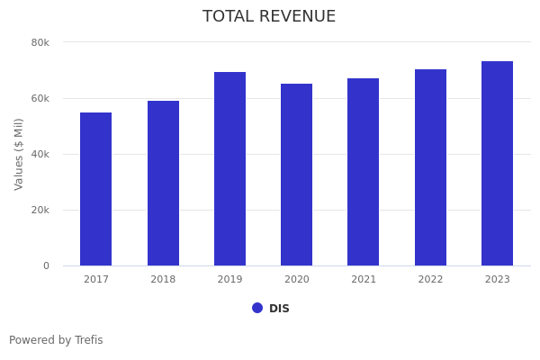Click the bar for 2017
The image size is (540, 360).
pyautogui.click(x=96, y=189)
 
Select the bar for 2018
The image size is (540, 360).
pyautogui.click(x=163, y=184)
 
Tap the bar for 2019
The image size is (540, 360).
pyautogui.click(x=229, y=169)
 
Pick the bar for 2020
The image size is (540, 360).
pyautogui.click(x=297, y=175)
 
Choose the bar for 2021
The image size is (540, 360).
pyautogui.click(x=364, y=172)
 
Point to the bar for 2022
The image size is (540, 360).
pyautogui.click(x=430, y=167)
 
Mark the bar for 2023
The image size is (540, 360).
pyautogui.click(x=497, y=164)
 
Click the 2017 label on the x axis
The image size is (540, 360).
pyautogui.click(x=96, y=280)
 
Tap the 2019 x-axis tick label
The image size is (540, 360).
pyautogui.click(x=229, y=280)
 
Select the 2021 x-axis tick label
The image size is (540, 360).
pyautogui.click(x=364, y=280)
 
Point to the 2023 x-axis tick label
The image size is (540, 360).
pyautogui.click(x=497, y=280)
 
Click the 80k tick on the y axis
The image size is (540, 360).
pyautogui.click(x=40, y=42)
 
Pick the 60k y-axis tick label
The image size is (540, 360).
pyautogui.click(x=40, y=98)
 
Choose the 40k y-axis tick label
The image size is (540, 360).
pyautogui.click(x=40, y=154)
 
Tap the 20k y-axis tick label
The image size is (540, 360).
pyautogui.click(x=40, y=210)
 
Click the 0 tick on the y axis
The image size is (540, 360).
pyautogui.click(x=46, y=265)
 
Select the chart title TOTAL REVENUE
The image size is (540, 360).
pyautogui.click(x=269, y=17)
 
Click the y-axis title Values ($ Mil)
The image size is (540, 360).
pyautogui.click(x=19, y=154)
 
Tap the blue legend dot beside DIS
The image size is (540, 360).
pyautogui.click(x=257, y=308)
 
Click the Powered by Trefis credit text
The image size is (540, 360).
pyautogui.click(x=56, y=340)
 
